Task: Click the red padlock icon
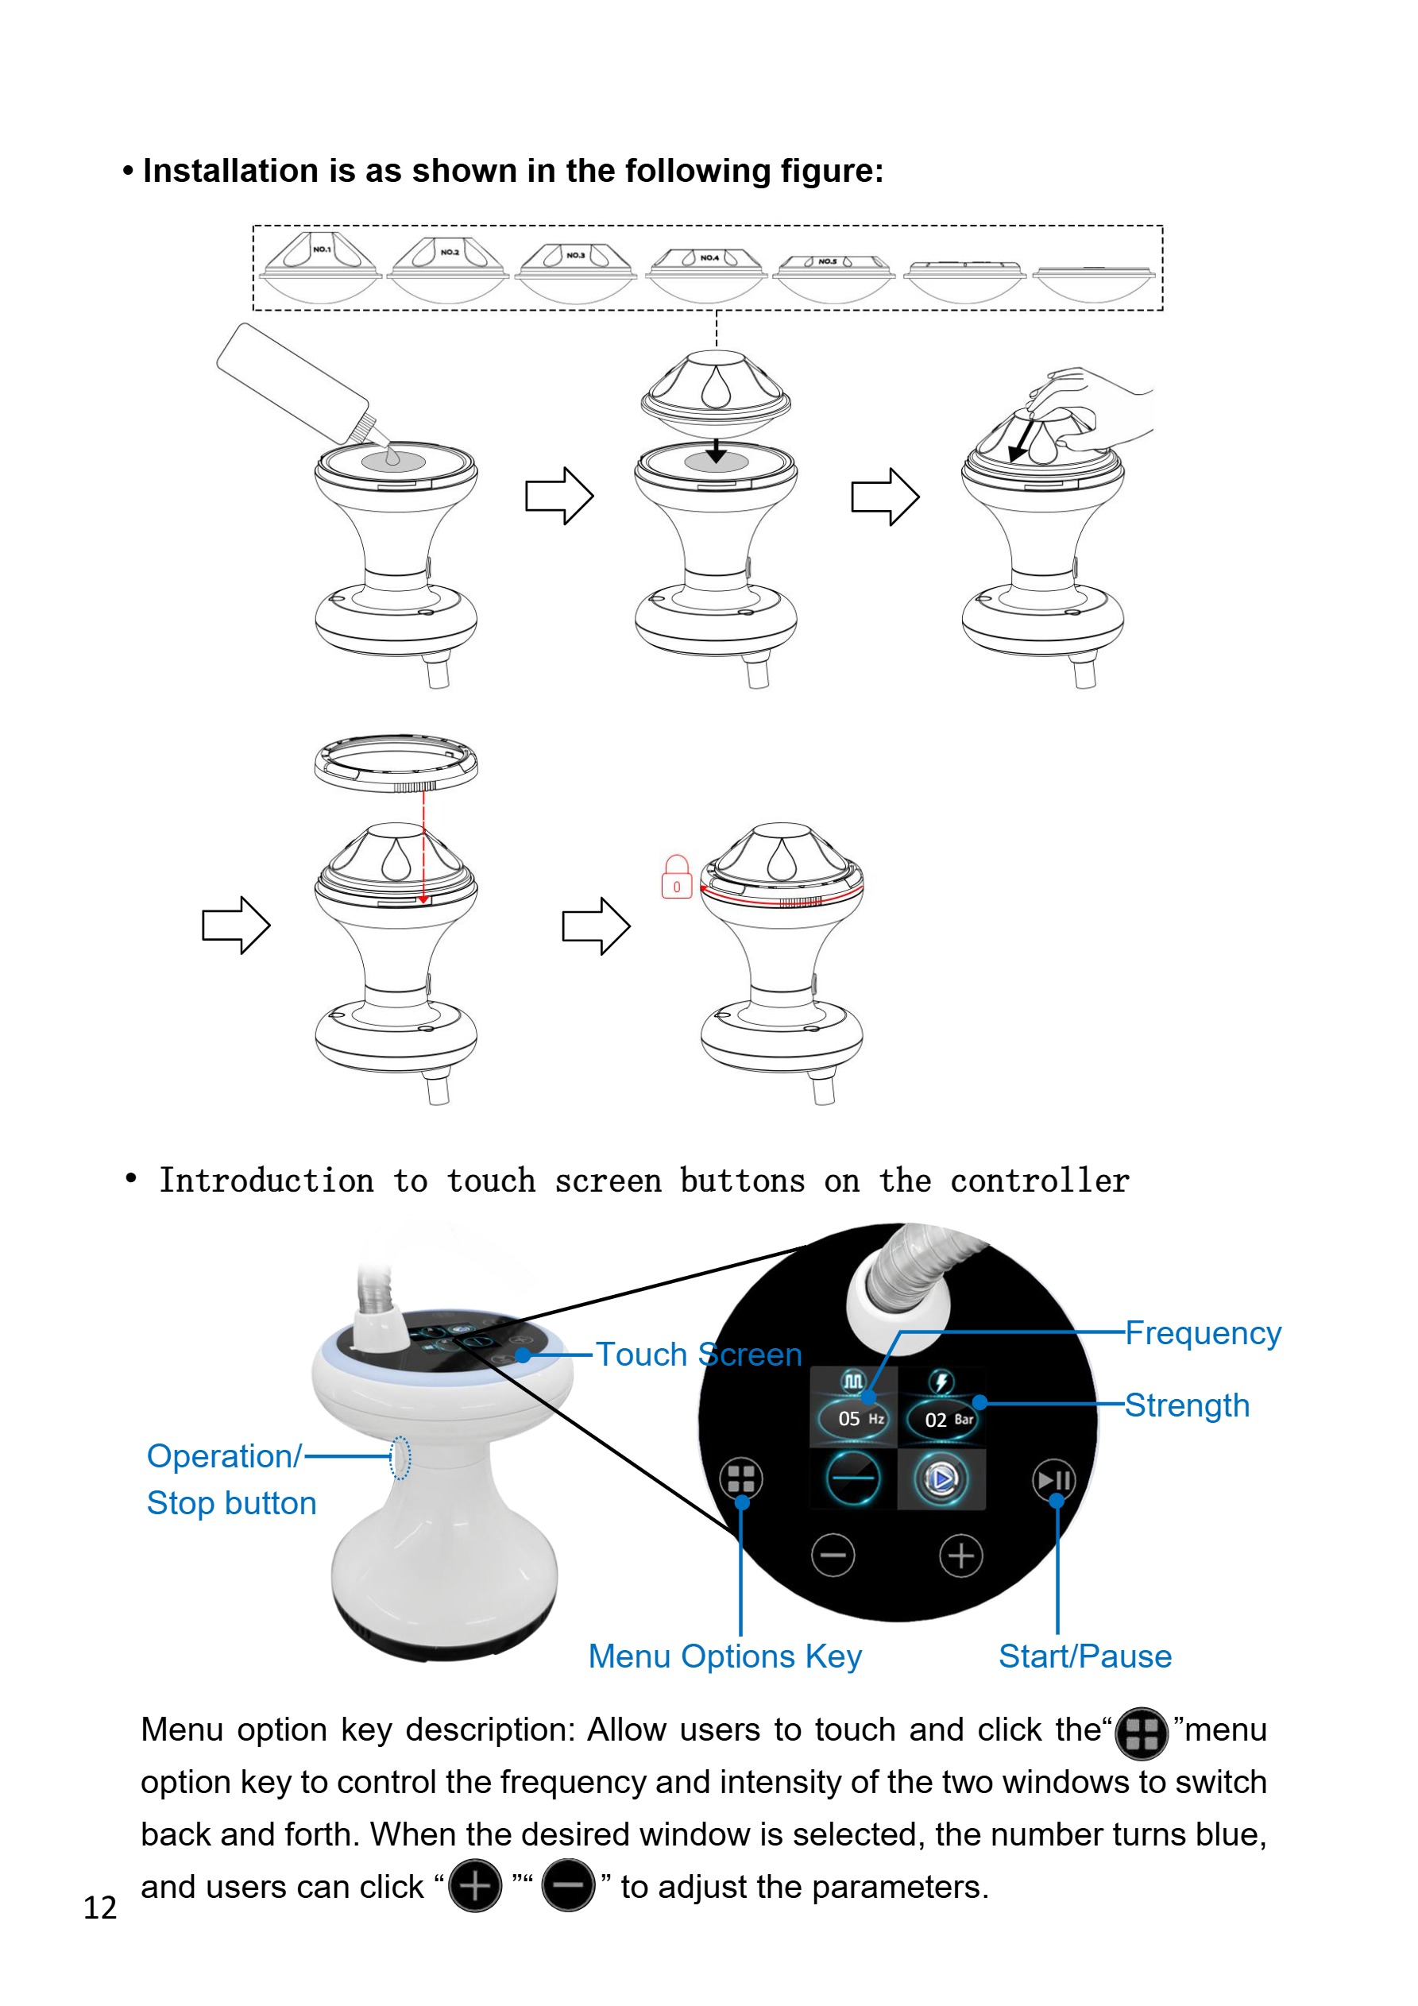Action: (676, 877)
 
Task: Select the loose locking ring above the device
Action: (396, 762)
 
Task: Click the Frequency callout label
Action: (1202, 1333)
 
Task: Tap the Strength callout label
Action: (1187, 1405)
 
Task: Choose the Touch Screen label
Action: (698, 1355)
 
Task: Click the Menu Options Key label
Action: (724, 1656)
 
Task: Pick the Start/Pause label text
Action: (1084, 1656)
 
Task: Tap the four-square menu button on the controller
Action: (741, 1479)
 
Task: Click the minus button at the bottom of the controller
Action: (833, 1556)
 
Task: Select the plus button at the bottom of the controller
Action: (961, 1556)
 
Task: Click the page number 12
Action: (99, 1907)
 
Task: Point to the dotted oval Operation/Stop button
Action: (400, 1458)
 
